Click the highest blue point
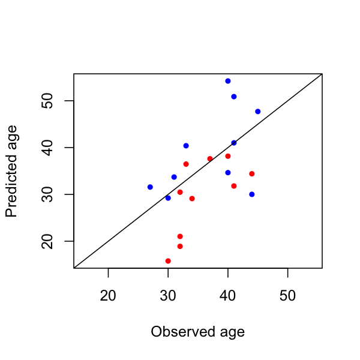click(x=228, y=81)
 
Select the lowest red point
click(x=168, y=261)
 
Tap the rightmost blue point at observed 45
click(x=258, y=112)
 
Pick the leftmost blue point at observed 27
click(x=150, y=187)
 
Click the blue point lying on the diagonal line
click(x=234, y=143)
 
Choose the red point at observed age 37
click(x=210, y=159)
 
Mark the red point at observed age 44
click(x=252, y=174)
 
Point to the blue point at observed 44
click(x=252, y=194)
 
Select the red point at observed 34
click(x=192, y=199)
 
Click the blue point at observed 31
click(x=174, y=177)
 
